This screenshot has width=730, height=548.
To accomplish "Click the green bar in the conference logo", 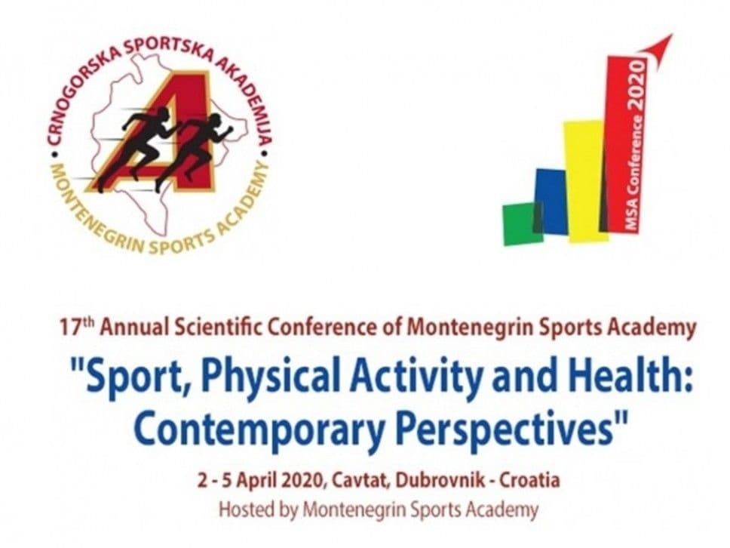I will point(522,223).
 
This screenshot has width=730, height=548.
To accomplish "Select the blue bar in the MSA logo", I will point(552,202).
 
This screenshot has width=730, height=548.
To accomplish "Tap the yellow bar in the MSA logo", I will point(586,181).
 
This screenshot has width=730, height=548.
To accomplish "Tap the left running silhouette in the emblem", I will point(136,147).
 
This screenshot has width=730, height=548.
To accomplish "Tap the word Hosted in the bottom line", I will point(242,510).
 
